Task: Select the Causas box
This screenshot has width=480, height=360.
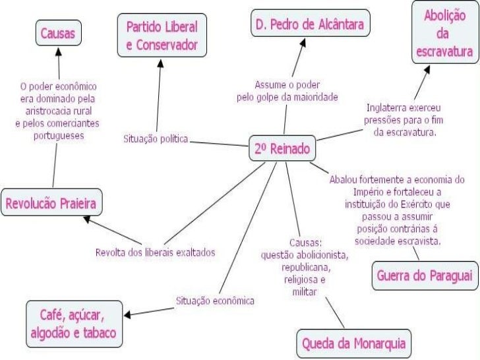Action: coord(58,32)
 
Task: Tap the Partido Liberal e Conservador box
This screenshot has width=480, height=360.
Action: coord(162,36)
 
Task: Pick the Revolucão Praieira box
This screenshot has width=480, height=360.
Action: coord(51,204)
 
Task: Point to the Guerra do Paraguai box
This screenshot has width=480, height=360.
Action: coord(425,276)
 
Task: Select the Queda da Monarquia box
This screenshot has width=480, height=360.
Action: coord(353,343)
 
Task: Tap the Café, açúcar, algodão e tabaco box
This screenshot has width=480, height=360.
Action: coord(73,322)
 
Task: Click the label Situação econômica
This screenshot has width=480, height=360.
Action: coord(215,301)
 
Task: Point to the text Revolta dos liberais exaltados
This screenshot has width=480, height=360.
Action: coord(156,253)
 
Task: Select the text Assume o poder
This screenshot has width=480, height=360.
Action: coord(287,85)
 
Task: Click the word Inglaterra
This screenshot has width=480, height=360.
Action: coord(387,107)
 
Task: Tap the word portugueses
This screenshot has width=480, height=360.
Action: coord(58,135)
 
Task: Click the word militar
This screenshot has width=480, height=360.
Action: coord(305,291)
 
